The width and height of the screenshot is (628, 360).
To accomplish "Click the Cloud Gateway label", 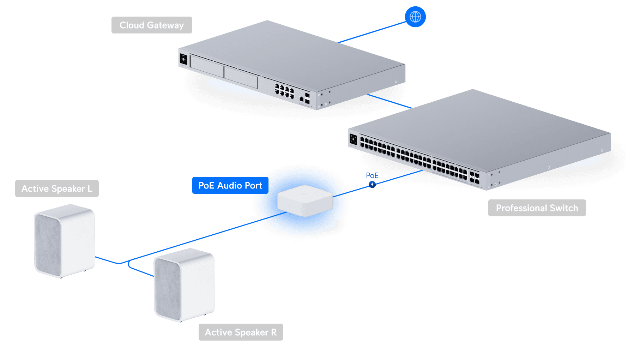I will (x=152, y=25).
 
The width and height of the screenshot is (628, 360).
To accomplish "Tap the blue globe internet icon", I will (x=415, y=17).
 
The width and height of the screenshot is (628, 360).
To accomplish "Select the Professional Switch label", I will (x=537, y=208).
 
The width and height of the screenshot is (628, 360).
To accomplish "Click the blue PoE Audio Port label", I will (x=230, y=186).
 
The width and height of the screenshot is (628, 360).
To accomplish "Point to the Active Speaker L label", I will (x=57, y=188).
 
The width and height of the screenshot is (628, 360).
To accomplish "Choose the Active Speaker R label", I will (x=241, y=332).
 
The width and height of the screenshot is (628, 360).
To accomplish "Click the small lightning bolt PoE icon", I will (x=372, y=184).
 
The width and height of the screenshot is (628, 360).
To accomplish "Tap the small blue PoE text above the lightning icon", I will (x=372, y=175).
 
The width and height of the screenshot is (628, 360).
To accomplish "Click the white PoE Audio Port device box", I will (x=305, y=200).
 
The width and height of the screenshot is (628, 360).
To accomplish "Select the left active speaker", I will (x=65, y=241).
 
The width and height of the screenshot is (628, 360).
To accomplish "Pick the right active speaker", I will (x=184, y=284).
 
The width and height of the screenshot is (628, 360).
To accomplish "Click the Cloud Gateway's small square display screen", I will (x=183, y=59).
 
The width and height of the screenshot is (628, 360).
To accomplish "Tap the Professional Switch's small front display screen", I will (x=353, y=139).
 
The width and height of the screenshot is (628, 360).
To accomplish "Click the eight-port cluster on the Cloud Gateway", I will (x=284, y=91).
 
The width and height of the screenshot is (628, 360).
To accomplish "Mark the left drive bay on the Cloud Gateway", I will (x=207, y=66).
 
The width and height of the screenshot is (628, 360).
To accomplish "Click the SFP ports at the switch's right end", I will (x=475, y=178).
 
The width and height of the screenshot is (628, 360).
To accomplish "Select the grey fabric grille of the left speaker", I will (x=48, y=241).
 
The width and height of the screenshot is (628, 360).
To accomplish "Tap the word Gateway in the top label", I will (x=165, y=25).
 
